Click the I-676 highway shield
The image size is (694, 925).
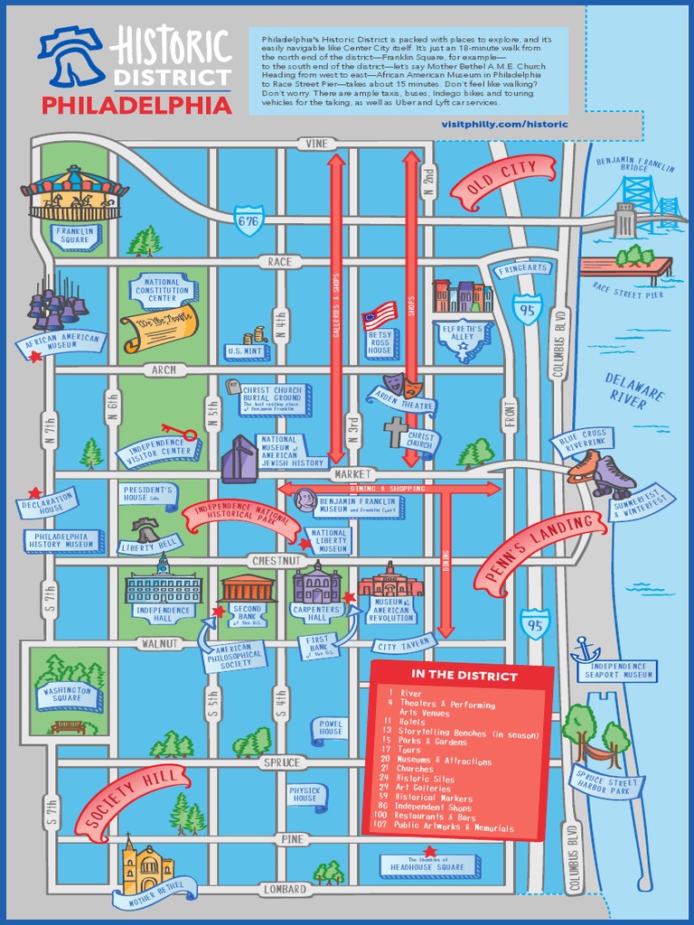click(249, 220)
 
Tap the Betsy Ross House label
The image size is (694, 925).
click(380, 343)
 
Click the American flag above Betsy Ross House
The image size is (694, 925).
click(380, 315)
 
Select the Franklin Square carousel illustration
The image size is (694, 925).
click(74, 194)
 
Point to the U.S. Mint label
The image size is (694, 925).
click(246, 350)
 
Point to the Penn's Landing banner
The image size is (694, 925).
click(539, 550)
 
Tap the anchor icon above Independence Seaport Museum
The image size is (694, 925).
click(585, 648)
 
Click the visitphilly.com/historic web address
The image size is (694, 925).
click(505, 124)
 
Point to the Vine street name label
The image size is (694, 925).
click(316, 144)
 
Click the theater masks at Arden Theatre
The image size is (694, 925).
click(398, 386)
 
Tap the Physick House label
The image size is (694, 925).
click(305, 794)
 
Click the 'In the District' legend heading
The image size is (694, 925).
click(464, 675)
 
